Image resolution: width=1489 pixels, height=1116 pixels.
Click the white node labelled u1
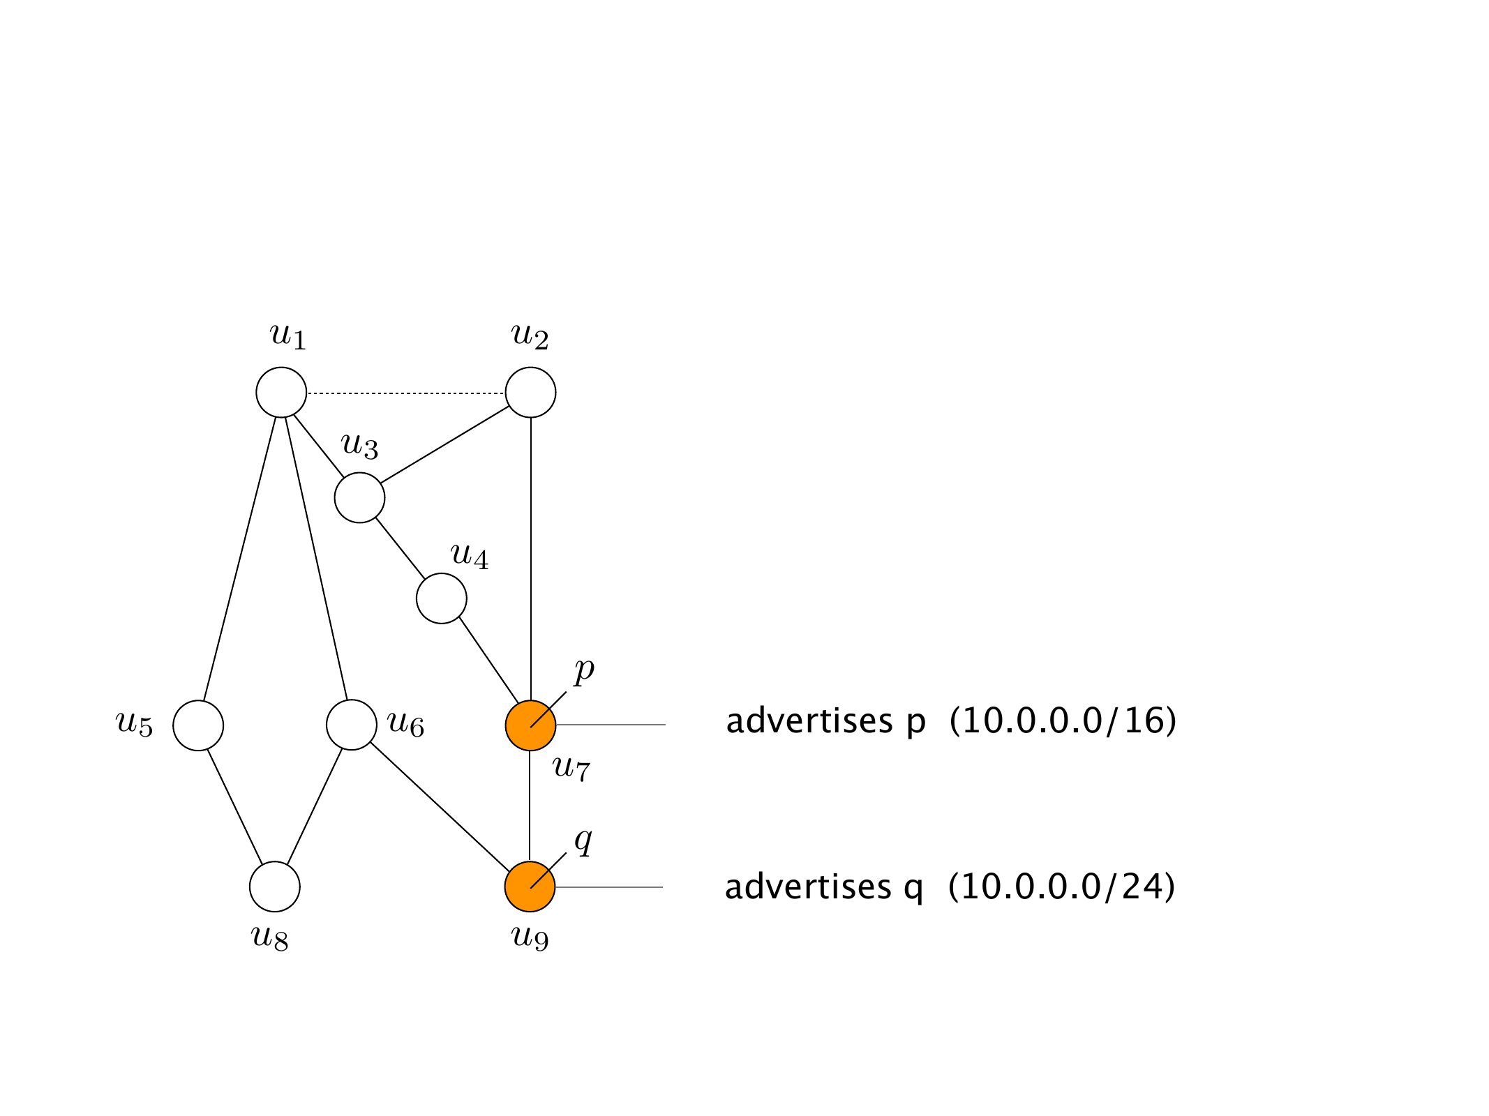tap(281, 393)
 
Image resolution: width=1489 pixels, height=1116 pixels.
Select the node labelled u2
tap(530, 393)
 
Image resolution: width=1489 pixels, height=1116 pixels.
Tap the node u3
tap(359, 497)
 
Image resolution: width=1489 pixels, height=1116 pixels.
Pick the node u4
tap(442, 598)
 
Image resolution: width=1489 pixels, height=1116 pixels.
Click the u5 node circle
tap(198, 725)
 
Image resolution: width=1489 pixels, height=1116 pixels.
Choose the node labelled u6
tap(352, 725)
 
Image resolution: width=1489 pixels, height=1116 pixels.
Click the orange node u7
tap(530, 725)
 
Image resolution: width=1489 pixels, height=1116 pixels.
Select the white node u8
tap(275, 887)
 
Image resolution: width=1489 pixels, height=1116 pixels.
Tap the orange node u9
tap(530, 887)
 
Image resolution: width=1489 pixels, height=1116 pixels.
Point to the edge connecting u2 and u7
tap(531, 558)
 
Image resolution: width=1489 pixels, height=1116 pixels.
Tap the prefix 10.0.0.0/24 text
tap(1061, 887)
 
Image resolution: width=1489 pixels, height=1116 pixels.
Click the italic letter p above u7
tap(583, 670)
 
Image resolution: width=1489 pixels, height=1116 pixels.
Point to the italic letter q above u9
tap(583, 841)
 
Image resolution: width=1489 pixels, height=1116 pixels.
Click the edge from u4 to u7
tap(488, 660)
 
